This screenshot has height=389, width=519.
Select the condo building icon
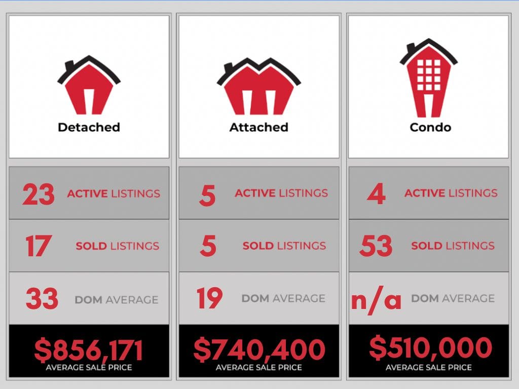tap(428, 79)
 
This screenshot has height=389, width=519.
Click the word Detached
tap(89, 127)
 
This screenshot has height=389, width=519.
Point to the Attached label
tap(258, 127)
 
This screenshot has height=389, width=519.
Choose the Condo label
tap(430, 127)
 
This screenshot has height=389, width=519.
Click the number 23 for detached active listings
tap(39, 194)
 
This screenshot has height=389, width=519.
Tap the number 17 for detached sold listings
tap(38, 246)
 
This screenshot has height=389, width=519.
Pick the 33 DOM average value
tap(42, 299)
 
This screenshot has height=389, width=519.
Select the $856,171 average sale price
tap(89, 350)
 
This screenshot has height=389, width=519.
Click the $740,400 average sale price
tap(259, 350)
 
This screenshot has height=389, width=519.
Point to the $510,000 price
tap(430, 348)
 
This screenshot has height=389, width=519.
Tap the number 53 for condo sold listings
tap(376, 246)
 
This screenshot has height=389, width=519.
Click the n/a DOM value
tap(376, 299)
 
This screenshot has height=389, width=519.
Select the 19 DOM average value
tap(210, 298)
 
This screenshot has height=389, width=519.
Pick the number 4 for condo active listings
tap(376, 194)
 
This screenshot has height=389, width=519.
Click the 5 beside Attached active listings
tap(207, 195)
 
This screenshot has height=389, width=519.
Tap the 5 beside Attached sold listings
tap(208, 246)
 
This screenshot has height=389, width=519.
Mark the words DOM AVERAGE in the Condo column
tap(453, 298)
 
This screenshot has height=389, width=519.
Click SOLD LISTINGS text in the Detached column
tap(117, 246)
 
